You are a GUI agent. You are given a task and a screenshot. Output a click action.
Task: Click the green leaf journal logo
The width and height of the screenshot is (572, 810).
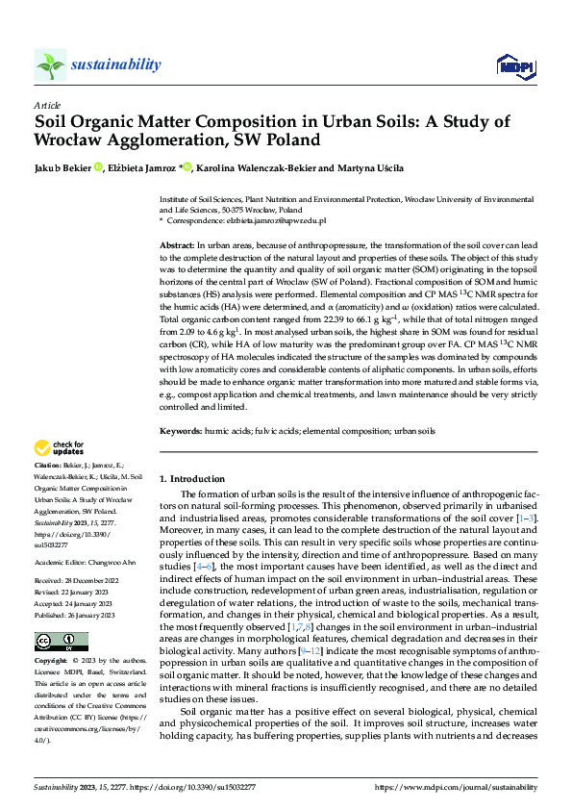(51, 64)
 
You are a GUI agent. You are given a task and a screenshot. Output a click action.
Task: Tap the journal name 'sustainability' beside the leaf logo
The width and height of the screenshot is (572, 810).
(116, 64)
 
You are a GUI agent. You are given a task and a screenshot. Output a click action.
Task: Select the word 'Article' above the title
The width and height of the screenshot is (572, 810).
(47, 105)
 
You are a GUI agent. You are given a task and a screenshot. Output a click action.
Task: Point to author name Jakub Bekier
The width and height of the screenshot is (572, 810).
(62, 169)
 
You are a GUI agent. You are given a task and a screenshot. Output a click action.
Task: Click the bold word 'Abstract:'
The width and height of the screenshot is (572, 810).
(177, 247)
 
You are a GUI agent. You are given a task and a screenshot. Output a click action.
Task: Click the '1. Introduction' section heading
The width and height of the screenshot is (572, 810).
(192, 478)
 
